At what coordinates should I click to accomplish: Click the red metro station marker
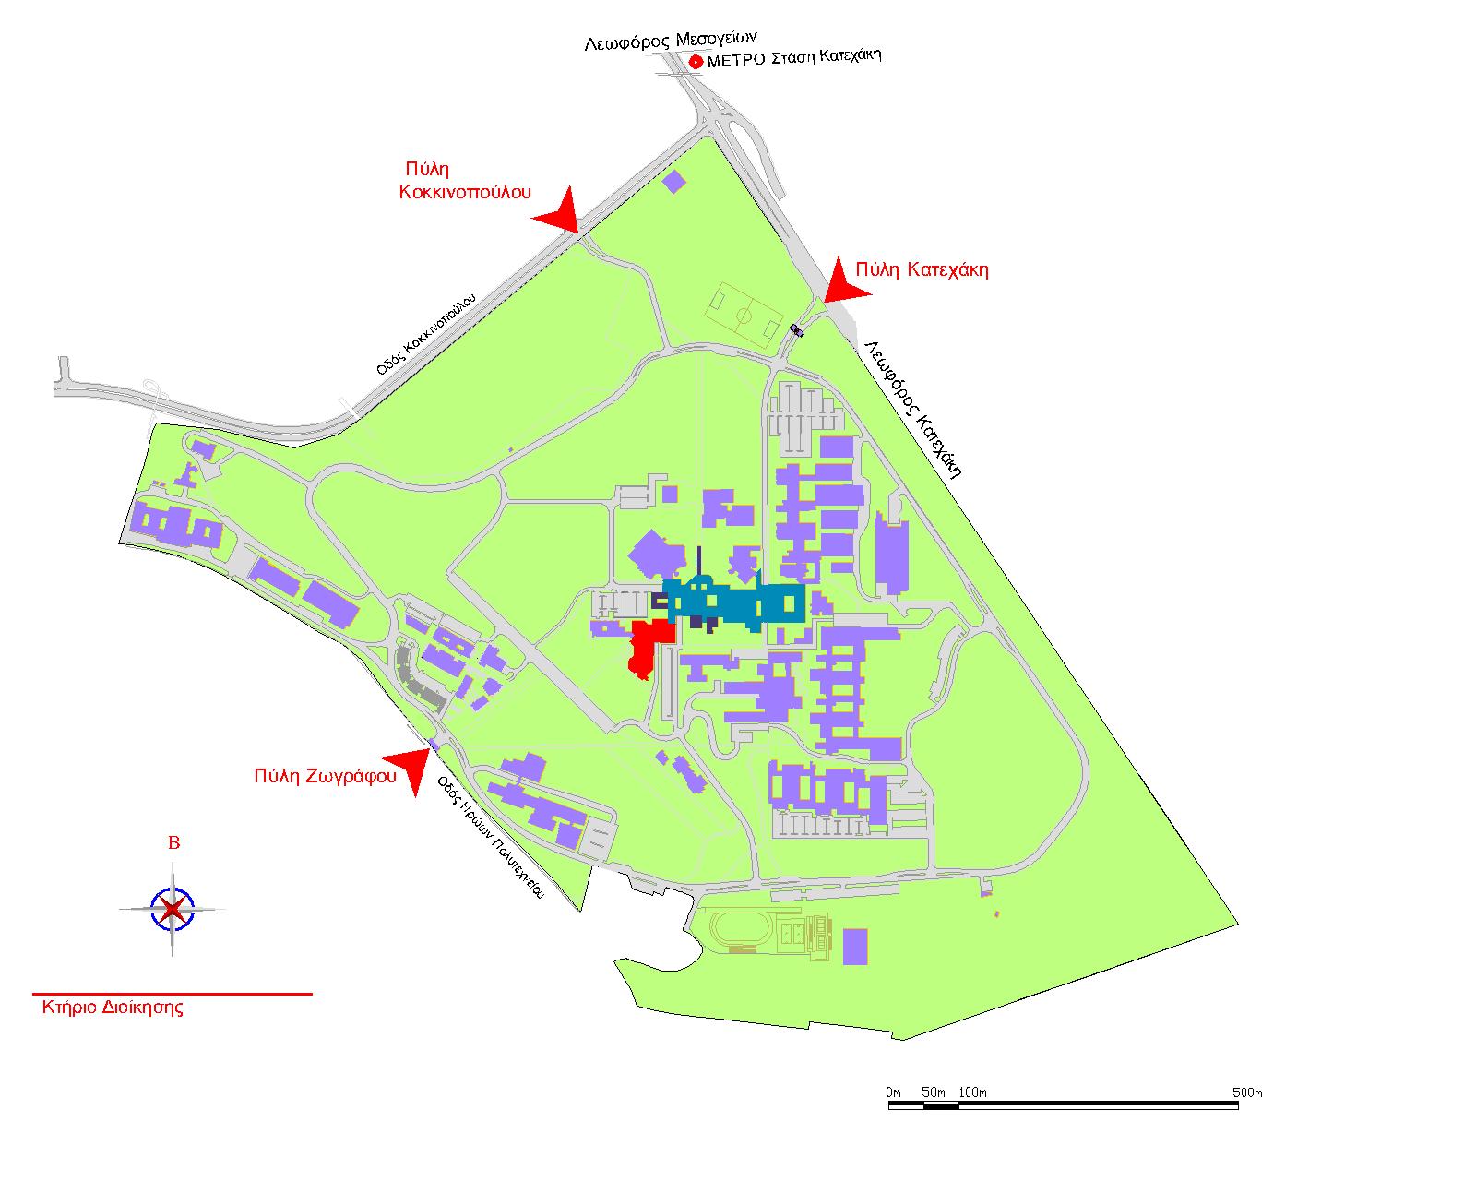coord(696,62)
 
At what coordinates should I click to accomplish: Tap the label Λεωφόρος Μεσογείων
coord(671,42)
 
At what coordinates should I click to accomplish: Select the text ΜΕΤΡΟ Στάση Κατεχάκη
coord(794,57)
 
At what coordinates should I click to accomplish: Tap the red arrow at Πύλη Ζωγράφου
coord(408,769)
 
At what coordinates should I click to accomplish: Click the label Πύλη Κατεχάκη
coord(922,269)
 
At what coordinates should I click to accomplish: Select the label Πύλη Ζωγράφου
coord(325,776)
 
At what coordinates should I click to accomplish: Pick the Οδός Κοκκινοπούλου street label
coord(426,334)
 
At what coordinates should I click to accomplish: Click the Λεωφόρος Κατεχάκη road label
coord(913,409)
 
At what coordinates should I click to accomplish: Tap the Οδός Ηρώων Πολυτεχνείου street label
coord(491,837)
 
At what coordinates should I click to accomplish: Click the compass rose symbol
coord(173,909)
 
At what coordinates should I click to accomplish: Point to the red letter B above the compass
coord(174,843)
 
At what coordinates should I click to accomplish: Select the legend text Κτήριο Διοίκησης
coord(113,1008)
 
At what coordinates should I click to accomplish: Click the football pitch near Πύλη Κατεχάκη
coord(744,316)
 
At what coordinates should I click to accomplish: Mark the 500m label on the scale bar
coord(1247,1092)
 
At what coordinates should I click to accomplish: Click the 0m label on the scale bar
coord(893,1092)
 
